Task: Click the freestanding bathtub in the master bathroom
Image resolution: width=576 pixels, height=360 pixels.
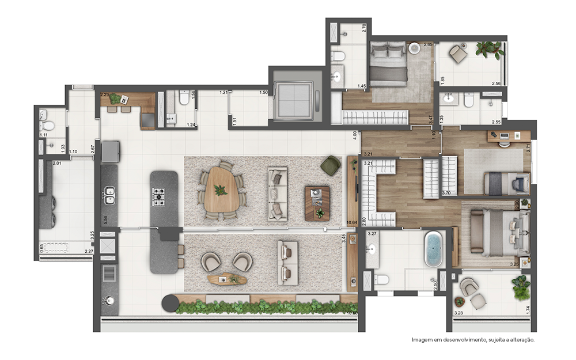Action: (433, 249)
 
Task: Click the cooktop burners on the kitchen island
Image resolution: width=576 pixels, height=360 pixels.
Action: (158, 196)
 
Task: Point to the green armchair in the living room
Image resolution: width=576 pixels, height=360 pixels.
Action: (331, 165)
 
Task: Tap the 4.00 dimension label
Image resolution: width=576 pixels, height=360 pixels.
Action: (355, 137)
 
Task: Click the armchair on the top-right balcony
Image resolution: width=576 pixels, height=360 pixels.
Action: (458, 54)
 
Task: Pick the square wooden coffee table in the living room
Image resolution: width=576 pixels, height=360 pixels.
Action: (317, 203)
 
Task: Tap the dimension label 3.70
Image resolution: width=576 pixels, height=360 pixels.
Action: (446, 192)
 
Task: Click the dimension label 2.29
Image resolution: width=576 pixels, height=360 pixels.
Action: (105, 94)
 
